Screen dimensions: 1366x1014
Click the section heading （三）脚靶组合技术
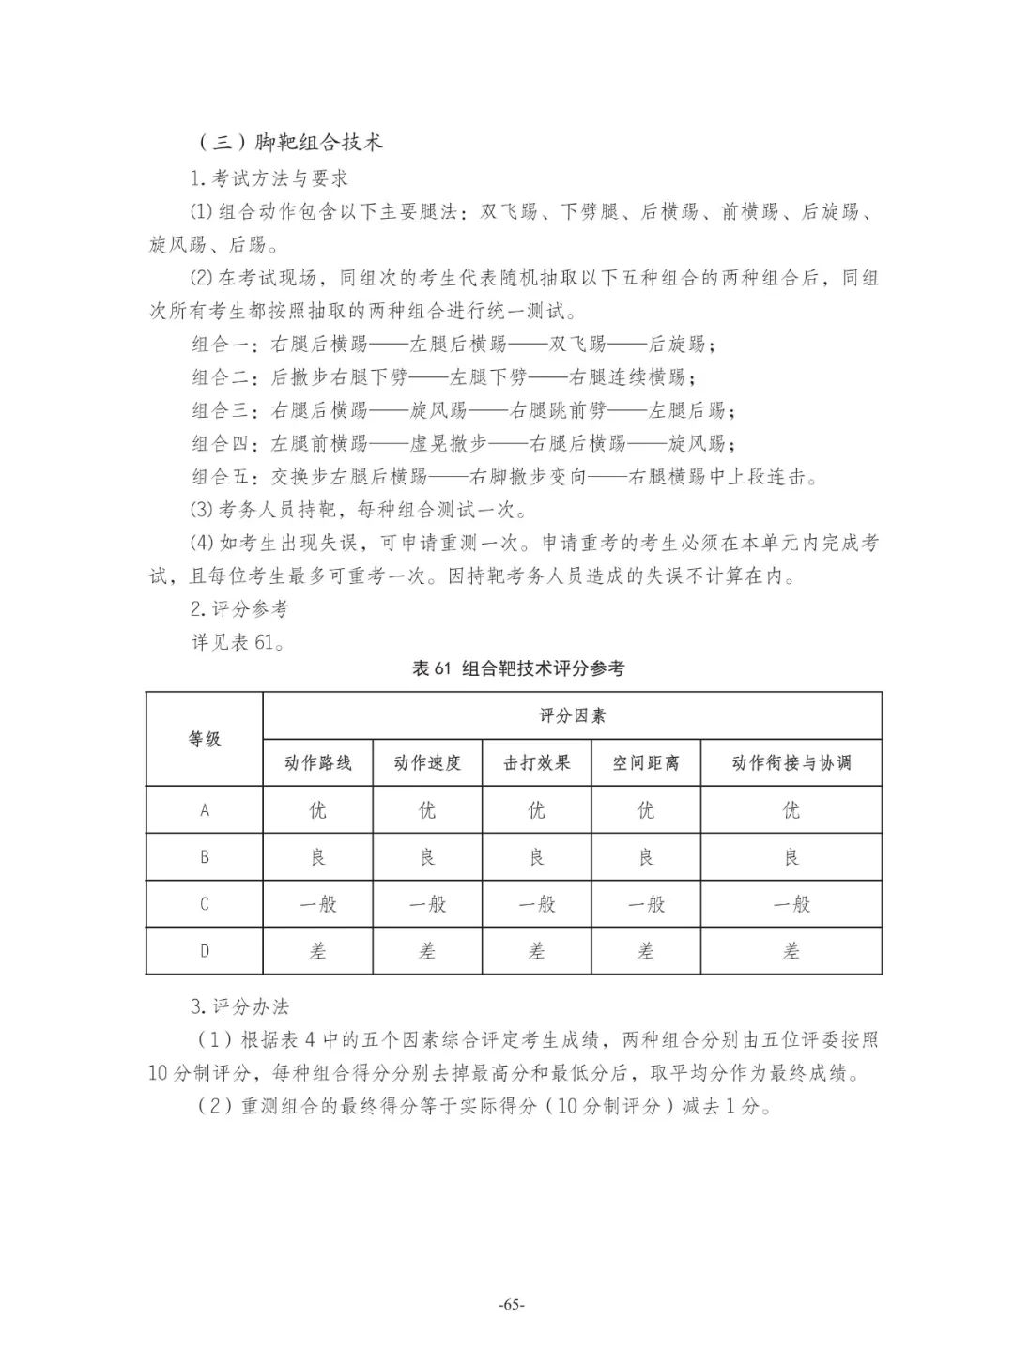click(290, 143)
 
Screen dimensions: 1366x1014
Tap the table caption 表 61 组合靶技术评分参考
click(517, 668)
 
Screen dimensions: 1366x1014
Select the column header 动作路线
click(317, 762)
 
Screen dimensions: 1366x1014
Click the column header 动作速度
click(427, 762)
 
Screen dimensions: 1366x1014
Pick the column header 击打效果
click(536, 762)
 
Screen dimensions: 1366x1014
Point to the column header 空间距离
click(646, 762)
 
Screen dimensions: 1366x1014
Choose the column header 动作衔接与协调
click(791, 762)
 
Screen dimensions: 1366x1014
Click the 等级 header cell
click(205, 739)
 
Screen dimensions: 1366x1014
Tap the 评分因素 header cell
click(572, 715)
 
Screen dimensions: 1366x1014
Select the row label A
click(205, 810)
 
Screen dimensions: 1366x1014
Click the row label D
click(205, 951)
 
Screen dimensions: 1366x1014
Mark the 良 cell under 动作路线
click(317, 857)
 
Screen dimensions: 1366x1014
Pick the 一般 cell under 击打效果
click(536, 904)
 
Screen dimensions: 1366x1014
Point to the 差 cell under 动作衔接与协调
click(791, 951)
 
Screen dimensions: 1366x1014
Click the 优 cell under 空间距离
click(646, 810)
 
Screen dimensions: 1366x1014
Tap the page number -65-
click(512, 1305)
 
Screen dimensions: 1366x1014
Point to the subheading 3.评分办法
click(239, 1006)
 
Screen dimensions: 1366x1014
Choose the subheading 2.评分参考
click(239, 608)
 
